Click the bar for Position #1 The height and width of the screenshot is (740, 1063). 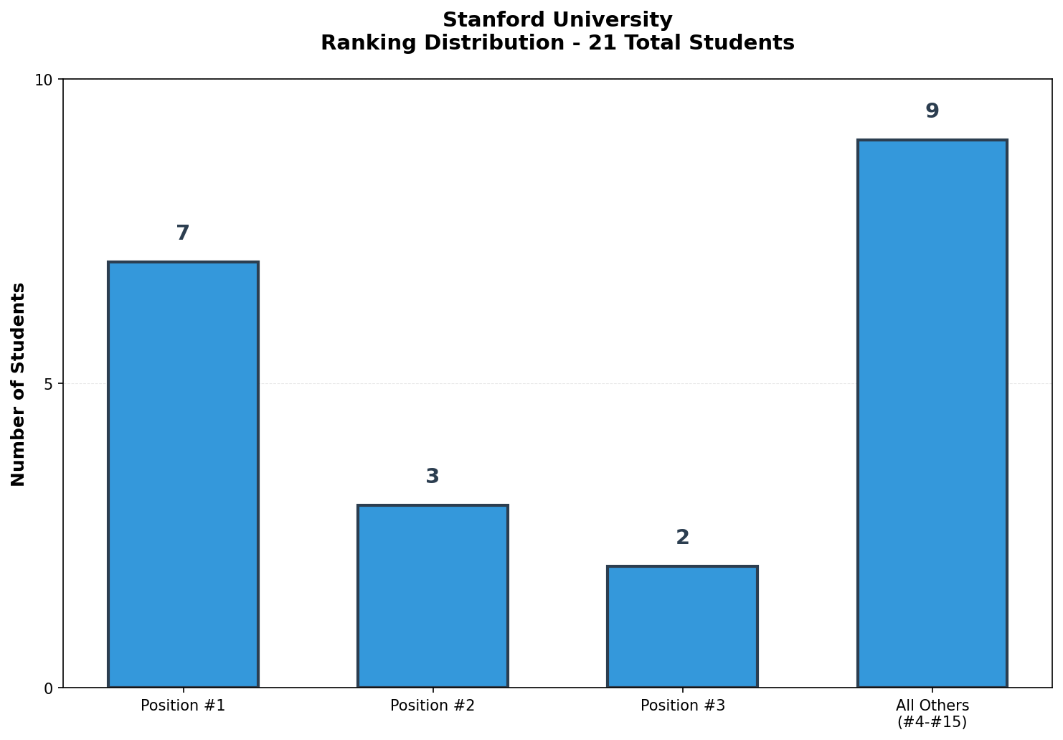[183, 474]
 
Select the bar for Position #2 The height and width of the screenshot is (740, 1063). [433, 596]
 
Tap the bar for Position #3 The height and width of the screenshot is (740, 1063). [682, 627]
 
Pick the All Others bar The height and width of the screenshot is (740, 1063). [932, 413]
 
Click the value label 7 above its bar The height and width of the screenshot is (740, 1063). [183, 233]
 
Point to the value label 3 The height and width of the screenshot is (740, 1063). [433, 477]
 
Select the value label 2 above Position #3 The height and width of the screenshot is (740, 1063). [682, 538]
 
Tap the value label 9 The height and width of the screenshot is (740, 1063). [932, 111]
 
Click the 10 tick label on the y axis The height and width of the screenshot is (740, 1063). [44, 80]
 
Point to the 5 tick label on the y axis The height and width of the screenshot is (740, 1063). [49, 384]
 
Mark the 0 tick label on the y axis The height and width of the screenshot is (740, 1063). [49, 688]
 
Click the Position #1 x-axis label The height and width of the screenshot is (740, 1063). [183, 706]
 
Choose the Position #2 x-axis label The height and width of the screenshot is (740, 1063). [433, 706]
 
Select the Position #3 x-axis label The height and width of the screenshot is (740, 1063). [682, 706]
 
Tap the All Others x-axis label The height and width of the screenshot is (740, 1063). [932, 706]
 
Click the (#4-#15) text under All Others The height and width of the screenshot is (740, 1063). [932, 722]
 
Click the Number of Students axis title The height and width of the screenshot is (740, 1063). [19, 384]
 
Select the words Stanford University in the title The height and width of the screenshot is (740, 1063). [557, 20]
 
